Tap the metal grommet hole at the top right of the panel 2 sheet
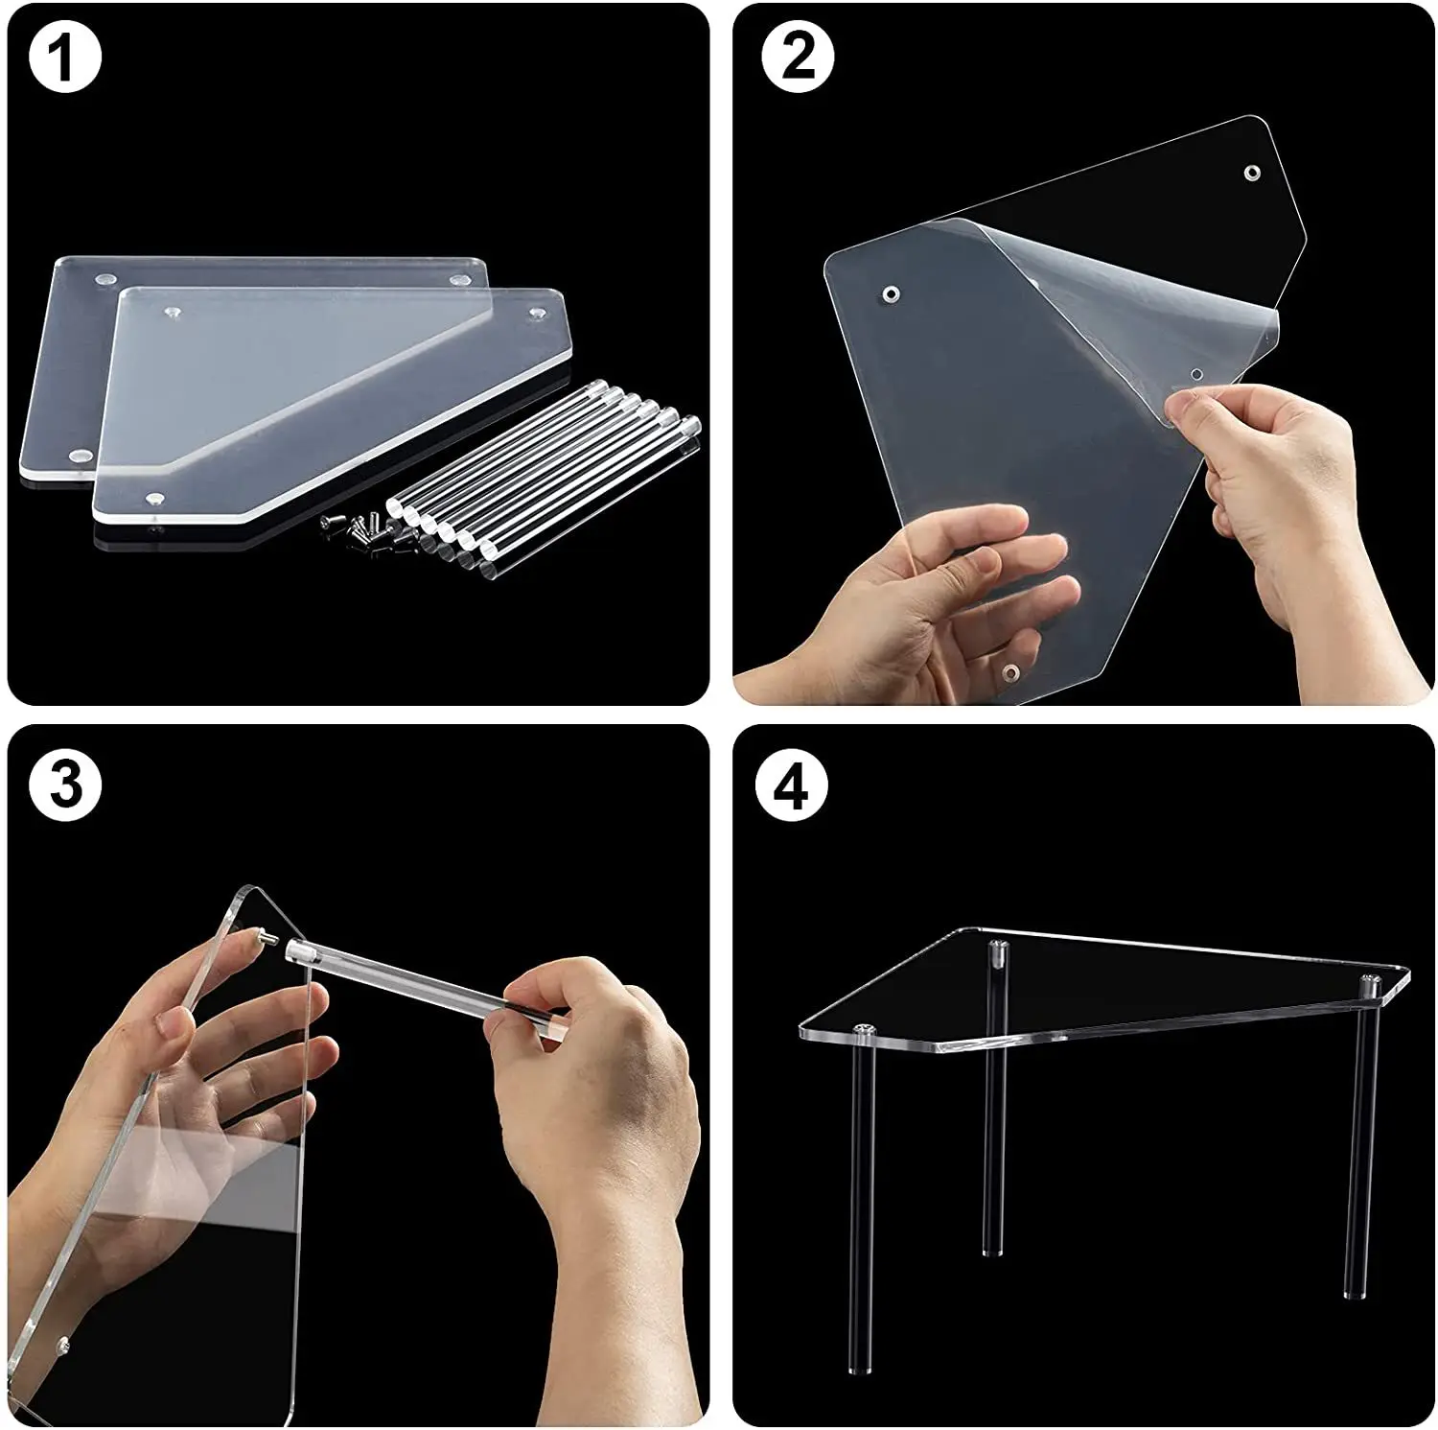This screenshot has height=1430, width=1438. [x=1252, y=174]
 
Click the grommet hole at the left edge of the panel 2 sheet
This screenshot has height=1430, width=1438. [x=891, y=292]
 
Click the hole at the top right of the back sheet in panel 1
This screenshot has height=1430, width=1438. [x=459, y=280]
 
